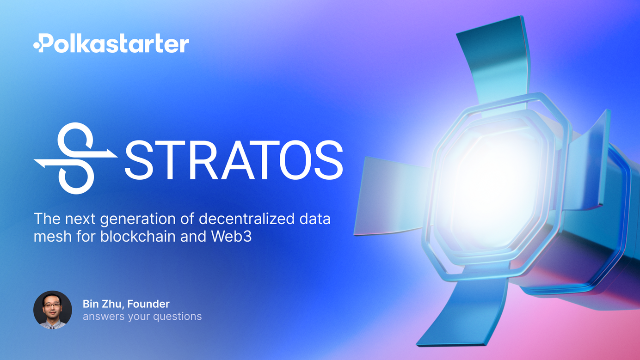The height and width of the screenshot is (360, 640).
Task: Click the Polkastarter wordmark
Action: click(111, 43)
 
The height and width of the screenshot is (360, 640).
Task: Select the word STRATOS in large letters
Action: click(234, 160)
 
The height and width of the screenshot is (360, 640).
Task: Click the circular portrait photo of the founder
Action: click(53, 310)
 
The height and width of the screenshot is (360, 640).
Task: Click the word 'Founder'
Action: click(148, 304)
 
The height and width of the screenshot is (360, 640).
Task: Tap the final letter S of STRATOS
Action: click(329, 160)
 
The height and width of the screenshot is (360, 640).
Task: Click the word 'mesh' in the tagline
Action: click(53, 237)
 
